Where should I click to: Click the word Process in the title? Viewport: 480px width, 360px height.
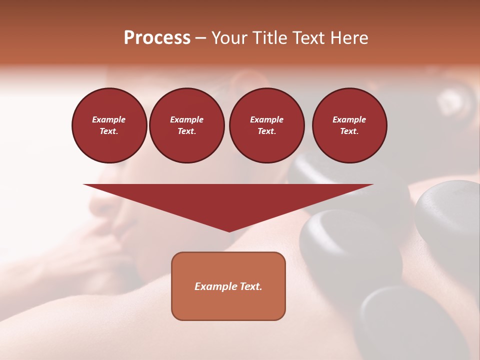pos(157,38)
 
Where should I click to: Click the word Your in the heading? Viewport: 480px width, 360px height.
pos(229,38)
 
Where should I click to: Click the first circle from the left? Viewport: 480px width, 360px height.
pos(109,125)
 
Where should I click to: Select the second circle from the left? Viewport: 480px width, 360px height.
pos(187,125)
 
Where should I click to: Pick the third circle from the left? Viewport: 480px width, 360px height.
pos(266,125)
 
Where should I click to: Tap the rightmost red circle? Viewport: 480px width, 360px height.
pos(349,125)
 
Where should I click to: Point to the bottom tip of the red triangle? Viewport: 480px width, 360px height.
pos(229,230)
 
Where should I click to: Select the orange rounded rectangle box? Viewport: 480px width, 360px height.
pos(228,286)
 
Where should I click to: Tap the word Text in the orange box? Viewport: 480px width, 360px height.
pos(250,286)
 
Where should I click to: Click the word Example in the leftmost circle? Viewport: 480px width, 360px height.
pos(109,119)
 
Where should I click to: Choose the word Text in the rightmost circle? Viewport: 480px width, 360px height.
pos(349,131)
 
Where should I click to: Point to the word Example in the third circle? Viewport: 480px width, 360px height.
pos(266,119)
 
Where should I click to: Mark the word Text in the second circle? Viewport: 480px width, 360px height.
pos(187,131)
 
